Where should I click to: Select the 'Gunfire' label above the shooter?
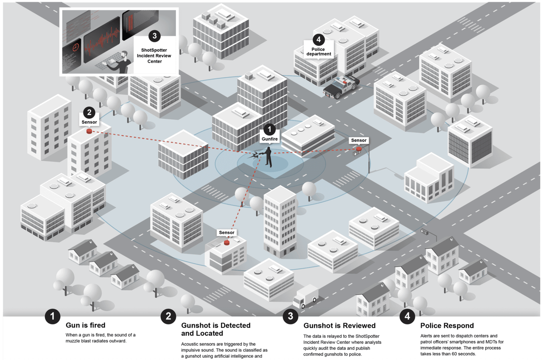click(x=269, y=139)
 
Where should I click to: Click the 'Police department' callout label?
click(x=318, y=52)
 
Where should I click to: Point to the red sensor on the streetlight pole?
click(x=359, y=149)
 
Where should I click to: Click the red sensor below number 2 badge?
click(x=89, y=131)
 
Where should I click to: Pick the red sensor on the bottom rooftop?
click(x=226, y=243)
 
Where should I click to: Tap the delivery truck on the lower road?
click(x=305, y=296)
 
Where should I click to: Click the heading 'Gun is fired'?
click(x=85, y=326)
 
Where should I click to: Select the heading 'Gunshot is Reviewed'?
click(x=339, y=326)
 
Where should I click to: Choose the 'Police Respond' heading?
click(x=447, y=326)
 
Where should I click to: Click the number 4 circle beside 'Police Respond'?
click(x=407, y=316)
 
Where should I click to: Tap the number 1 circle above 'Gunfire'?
click(x=269, y=129)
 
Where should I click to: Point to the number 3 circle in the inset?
click(x=154, y=36)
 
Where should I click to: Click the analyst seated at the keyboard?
click(x=122, y=63)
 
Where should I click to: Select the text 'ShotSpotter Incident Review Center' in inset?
click(x=154, y=55)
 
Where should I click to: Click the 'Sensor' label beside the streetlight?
click(x=358, y=140)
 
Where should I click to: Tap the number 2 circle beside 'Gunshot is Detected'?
click(x=168, y=316)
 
